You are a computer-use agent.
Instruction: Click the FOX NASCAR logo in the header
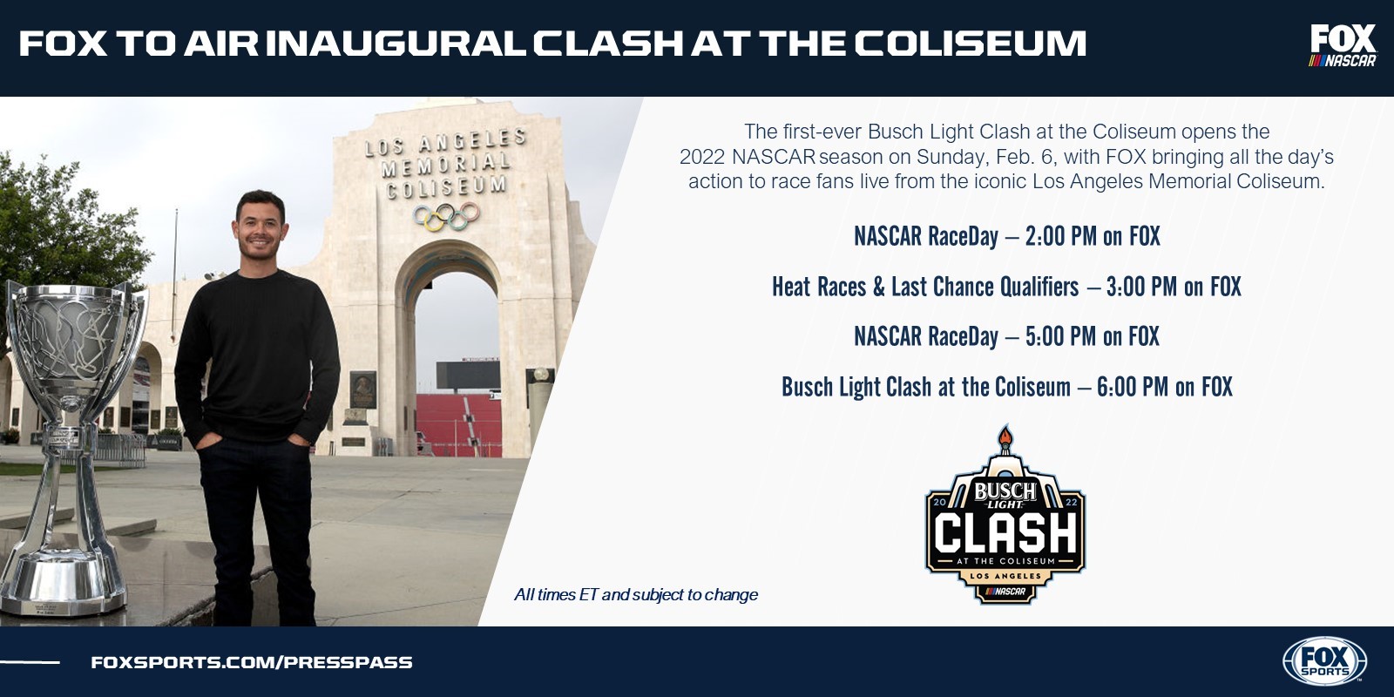coord(1343,45)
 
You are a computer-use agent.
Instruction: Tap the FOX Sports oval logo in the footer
coord(1325,661)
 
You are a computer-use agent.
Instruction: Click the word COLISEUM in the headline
coord(970,44)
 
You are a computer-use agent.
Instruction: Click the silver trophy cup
coord(73,448)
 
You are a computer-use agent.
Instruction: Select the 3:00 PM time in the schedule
coord(1141,287)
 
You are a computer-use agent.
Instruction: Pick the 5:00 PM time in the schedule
coord(1060,336)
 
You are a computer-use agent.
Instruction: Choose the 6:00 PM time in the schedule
coord(1133,387)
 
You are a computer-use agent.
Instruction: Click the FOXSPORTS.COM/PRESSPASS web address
coord(252,662)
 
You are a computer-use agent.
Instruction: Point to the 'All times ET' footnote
coord(636,595)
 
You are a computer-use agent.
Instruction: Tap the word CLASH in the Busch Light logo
coord(1005,532)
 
